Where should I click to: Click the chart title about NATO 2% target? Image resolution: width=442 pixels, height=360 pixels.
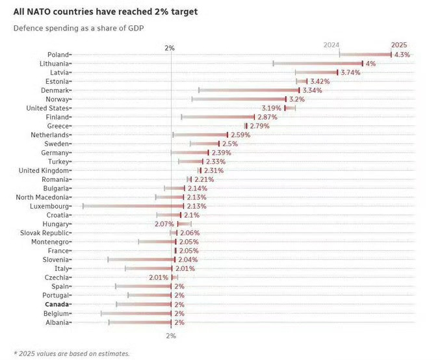(101, 12)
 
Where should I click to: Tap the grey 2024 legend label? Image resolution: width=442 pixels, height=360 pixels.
(331, 45)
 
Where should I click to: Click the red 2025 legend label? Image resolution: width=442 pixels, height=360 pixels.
(399, 45)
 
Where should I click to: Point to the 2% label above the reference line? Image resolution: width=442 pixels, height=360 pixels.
(170, 48)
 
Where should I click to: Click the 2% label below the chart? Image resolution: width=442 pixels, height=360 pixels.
(170, 336)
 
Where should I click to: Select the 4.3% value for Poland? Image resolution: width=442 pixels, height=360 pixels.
(402, 55)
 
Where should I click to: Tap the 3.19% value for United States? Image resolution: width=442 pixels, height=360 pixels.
(271, 108)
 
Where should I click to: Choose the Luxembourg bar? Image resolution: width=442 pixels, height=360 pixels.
(133, 206)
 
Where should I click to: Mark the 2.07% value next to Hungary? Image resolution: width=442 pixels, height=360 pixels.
(164, 224)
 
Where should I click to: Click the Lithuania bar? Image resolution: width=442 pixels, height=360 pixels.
(318, 64)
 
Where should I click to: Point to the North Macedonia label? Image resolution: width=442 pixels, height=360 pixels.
(42, 197)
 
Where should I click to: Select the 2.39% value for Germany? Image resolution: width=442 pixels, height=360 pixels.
(221, 153)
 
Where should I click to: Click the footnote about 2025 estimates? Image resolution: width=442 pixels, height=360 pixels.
(71, 354)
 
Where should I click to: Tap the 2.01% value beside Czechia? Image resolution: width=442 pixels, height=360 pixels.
(159, 277)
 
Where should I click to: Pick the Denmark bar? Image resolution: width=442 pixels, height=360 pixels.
(249, 90)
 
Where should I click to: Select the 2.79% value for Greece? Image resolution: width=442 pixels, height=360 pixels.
(259, 126)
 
